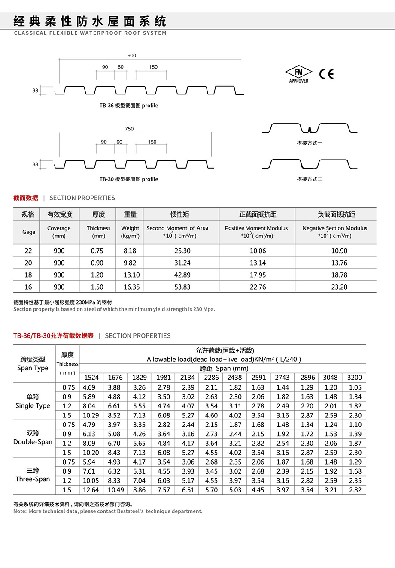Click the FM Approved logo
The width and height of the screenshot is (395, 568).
pos(299,74)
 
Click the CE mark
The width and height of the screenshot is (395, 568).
pos(326,74)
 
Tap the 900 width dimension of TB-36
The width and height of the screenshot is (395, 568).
pos(132,55)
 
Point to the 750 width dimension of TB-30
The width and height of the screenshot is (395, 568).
pos(129,129)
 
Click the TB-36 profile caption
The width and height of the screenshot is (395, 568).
pos(129,106)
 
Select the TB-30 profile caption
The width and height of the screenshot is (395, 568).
pos(129,179)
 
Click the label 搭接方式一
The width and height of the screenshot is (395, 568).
pos(309,143)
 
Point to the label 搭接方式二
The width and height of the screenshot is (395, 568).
pos(309,179)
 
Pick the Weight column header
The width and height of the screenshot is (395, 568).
pos(130,228)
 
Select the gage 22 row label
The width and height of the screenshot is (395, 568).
pos(28,251)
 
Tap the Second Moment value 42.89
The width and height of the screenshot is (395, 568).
pos(182,275)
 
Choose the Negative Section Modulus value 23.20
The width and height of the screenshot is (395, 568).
pos(339,287)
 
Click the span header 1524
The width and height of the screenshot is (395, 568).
pos(91,378)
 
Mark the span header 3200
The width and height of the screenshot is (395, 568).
pos(355,378)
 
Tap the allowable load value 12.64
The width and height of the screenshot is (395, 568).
pos(91,490)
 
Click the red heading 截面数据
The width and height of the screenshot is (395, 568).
pos(26,198)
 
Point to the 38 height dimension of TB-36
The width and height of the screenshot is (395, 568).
pos(35,91)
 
